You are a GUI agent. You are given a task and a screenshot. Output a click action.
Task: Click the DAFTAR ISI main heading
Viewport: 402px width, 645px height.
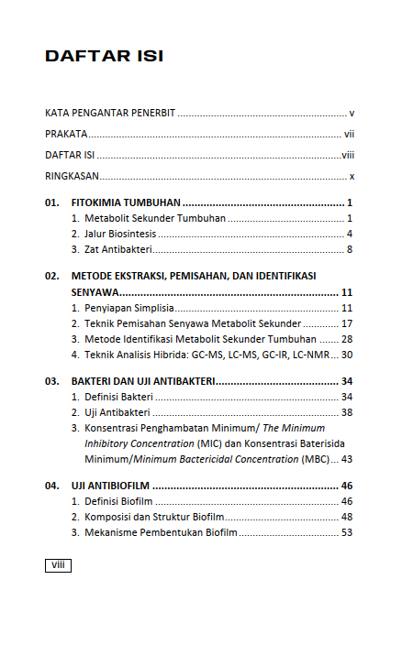(104, 57)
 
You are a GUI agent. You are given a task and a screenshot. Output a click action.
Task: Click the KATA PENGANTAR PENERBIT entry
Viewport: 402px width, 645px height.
(110, 114)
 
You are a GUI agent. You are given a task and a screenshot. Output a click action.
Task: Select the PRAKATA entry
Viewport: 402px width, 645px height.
(66, 134)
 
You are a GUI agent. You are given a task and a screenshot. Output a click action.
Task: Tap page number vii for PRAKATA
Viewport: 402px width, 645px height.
(350, 134)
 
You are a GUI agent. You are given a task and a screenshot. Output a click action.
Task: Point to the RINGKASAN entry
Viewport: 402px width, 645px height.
(73, 176)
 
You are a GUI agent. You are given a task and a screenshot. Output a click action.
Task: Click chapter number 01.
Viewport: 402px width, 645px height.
(51, 202)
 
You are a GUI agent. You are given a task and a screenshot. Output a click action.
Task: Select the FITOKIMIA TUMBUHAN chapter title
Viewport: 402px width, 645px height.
(126, 202)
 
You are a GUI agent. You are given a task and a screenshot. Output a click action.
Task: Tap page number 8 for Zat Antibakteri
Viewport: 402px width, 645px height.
(351, 249)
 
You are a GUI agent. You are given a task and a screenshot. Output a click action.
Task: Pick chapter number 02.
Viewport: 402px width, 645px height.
(51, 275)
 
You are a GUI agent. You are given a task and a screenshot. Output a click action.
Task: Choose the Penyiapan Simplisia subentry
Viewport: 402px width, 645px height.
(129, 308)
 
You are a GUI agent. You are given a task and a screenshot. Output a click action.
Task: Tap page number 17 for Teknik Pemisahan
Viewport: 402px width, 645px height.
(347, 323)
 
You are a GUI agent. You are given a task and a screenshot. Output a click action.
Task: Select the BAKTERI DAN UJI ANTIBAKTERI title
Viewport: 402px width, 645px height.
(142, 380)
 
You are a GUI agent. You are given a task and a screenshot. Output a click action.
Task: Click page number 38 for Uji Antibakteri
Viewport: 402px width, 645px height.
(347, 412)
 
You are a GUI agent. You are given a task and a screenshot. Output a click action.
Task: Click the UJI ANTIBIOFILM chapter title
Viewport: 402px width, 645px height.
(111, 485)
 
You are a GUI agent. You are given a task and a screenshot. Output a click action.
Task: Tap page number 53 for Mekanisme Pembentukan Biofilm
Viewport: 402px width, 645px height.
(347, 531)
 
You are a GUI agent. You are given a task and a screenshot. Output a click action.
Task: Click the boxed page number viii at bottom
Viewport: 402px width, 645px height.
(57, 566)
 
